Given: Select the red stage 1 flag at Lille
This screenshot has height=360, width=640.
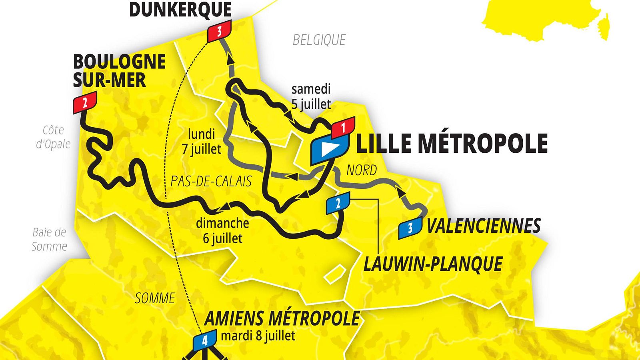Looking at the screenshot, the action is click(343, 128).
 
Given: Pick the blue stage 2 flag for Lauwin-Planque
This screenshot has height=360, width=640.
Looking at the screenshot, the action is click(338, 203).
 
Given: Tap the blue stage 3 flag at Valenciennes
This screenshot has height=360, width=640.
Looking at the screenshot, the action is click(410, 228).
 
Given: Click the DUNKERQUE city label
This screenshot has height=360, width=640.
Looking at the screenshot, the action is click(180, 10).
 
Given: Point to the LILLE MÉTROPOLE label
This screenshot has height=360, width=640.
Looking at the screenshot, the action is click(452, 144).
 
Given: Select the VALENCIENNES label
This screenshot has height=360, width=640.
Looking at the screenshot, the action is click(484, 226).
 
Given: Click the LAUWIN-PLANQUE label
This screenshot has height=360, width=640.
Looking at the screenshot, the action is click(433, 264).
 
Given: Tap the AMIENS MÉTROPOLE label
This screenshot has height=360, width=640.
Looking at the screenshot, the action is click(282, 318).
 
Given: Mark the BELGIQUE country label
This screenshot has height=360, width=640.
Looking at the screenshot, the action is click(319, 40).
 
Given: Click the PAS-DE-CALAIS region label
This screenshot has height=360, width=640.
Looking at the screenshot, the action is click(211, 181).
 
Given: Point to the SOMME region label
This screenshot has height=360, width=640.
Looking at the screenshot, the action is click(155, 298).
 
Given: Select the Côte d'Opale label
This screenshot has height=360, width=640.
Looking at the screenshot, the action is click(53, 137).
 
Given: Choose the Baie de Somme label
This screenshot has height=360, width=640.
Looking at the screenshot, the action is click(49, 239).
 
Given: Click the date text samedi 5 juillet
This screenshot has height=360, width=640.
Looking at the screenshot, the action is click(311, 96).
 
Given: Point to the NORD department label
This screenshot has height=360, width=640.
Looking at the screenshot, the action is click(361, 170).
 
